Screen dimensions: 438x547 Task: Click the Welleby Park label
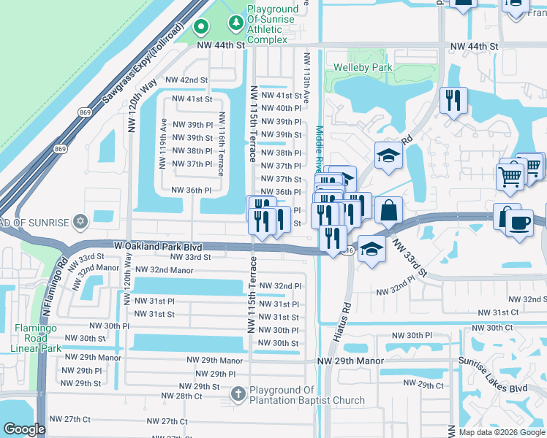363,68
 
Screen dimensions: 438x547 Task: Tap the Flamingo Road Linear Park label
40,338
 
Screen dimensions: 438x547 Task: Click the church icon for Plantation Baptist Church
238,394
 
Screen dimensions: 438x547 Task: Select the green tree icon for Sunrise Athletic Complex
235,25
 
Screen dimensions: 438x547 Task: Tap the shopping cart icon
510,176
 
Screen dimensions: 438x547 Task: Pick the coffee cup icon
519,223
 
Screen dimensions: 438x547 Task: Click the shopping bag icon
389,210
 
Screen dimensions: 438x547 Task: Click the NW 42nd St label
187,80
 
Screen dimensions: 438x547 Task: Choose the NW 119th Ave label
165,143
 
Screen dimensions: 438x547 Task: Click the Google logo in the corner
25,429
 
